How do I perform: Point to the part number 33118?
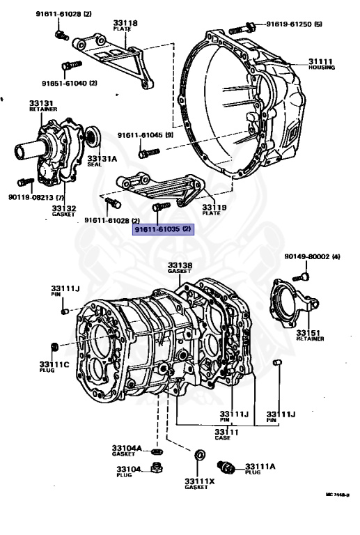click(x=125, y=23)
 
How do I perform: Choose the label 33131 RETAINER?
click(x=41, y=106)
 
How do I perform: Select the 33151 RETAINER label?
click(x=310, y=335)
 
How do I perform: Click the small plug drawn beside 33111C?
click(x=54, y=346)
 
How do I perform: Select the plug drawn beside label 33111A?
click(x=228, y=465)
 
